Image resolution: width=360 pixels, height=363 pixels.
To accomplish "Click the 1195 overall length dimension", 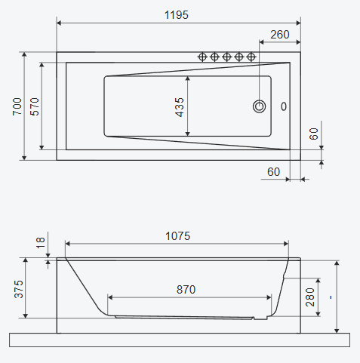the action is tap(177, 15).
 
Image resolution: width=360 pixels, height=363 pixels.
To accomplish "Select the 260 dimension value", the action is tap(280, 35).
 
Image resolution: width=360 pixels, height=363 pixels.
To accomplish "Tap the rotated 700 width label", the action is tap(17, 106).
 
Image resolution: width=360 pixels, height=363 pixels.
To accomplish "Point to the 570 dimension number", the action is tap(35, 106).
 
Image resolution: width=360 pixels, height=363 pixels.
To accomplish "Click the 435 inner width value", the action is tap(180, 107).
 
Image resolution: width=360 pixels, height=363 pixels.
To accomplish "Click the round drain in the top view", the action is tap(259, 106).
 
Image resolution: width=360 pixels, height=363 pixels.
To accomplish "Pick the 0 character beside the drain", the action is tap(284, 106).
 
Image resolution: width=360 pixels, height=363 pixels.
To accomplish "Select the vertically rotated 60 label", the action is tap(313, 134).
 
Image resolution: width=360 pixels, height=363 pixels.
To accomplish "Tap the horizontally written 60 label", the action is tap(273, 172).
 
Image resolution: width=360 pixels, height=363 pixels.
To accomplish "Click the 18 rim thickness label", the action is tap(41, 243).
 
